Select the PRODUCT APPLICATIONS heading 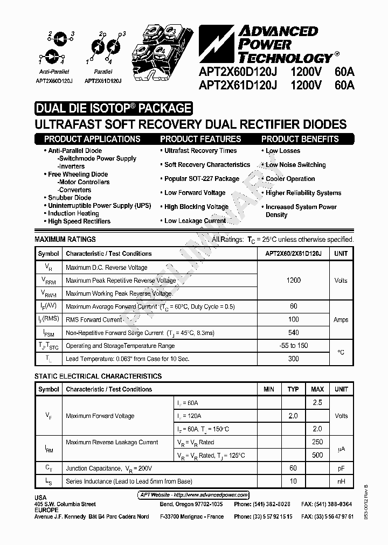(x=92, y=139)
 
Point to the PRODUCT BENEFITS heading (x=300, y=139)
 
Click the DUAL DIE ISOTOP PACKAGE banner (x=113, y=108)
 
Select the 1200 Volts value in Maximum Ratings (x=294, y=280)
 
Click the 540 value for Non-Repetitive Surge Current (x=294, y=332)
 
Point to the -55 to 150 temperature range (x=294, y=345)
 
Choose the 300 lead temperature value (x=294, y=358)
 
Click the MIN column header (x=269, y=389)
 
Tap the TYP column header (x=293, y=389)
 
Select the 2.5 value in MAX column (x=317, y=402)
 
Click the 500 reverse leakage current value (x=317, y=455)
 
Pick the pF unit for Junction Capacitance (x=341, y=469)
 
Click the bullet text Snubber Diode (x=70, y=198)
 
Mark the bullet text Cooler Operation (x=290, y=179)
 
